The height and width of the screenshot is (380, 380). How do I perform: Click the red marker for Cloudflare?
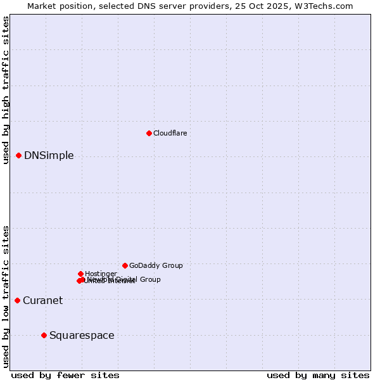pos(149,133)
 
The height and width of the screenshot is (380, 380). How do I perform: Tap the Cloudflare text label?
pos(170,133)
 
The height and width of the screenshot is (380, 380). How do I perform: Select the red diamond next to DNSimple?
pos(18,155)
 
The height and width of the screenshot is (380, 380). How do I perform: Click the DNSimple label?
pos(49,156)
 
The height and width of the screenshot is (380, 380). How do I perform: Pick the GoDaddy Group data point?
pos(125,265)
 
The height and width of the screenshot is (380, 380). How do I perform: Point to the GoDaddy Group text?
pos(156,265)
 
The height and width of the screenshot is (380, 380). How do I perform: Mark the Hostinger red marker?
pos(80,274)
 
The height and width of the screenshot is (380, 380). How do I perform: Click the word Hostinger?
pos(101,274)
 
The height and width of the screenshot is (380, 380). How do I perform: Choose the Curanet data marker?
pos(17,300)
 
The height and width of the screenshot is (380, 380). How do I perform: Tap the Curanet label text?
pos(42,301)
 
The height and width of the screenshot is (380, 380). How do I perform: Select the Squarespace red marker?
pos(44,335)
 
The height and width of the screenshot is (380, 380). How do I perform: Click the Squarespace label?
pos(82,336)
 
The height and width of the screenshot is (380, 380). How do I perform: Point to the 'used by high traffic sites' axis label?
pos(6,90)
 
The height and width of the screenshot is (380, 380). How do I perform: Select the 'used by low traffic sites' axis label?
pos(6,296)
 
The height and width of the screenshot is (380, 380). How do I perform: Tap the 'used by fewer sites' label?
pos(65,375)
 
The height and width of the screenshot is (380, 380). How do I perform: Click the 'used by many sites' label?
pos(318,375)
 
